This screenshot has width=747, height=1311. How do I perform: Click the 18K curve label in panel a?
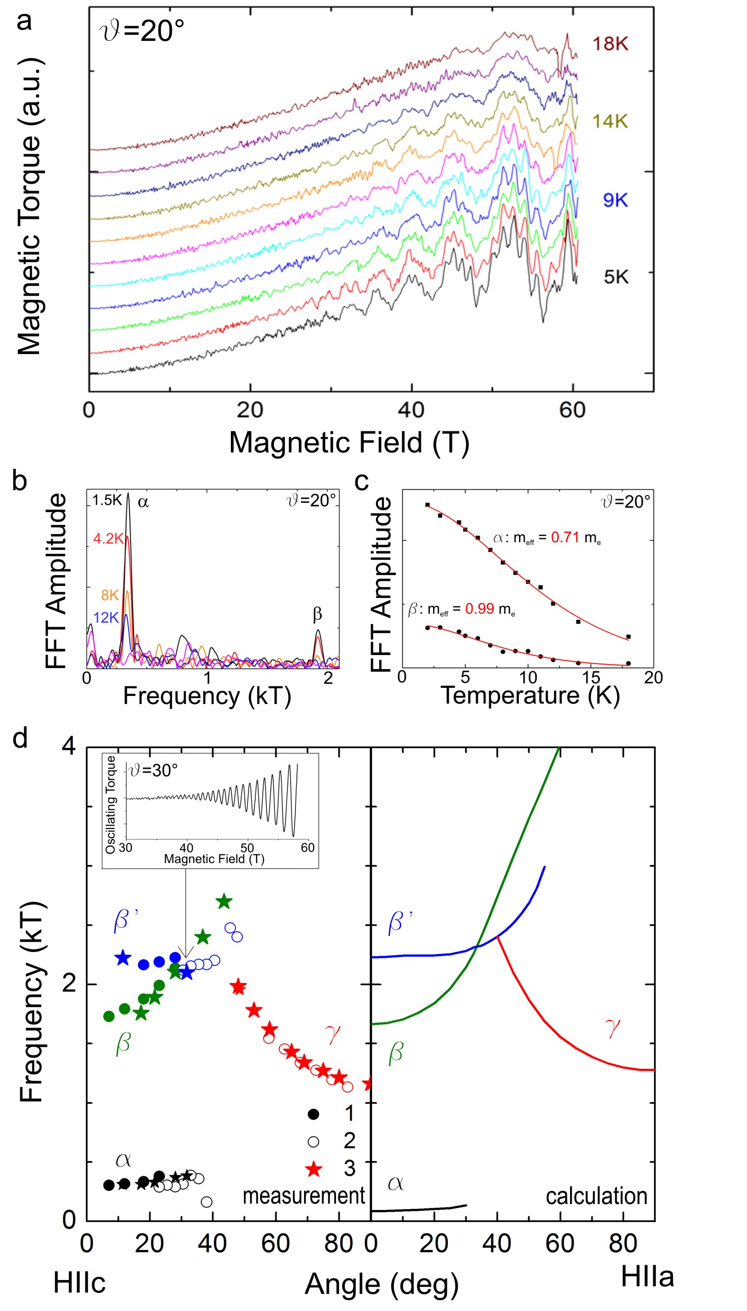click(x=610, y=44)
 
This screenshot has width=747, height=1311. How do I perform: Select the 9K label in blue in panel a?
click(x=615, y=200)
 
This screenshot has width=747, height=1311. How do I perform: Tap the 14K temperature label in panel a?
click(x=610, y=122)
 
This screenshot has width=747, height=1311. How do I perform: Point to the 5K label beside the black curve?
click(x=616, y=277)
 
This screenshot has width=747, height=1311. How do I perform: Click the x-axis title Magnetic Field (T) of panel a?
click(x=349, y=442)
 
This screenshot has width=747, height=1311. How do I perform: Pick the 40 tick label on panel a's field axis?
click(x=411, y=410)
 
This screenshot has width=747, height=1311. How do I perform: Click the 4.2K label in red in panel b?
click(x=108, y=538)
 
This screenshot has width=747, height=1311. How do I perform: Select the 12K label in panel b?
click(x=106, y=617)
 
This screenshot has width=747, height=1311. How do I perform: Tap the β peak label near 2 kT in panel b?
click(x=317, y=614)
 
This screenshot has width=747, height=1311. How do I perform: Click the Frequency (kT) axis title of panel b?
click(x=207, y=696)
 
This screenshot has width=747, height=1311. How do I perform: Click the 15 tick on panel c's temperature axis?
click(x=591, y=678)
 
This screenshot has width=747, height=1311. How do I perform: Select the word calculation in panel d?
click(x=596, y=1196)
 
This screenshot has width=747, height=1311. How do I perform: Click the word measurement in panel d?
click(x=303, y=1196)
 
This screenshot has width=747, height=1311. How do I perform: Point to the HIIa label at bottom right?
click(x=647, y=1276)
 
